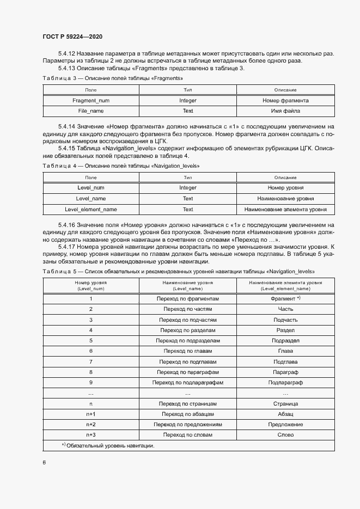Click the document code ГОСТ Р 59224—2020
[x=72, y=36]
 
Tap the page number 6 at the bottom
[x=44, y=462]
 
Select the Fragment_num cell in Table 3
[x=91, y=101]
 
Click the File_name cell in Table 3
[x=91, y=111]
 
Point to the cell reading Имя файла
[x=285, y=111]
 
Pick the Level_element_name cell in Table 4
[x=91, y=209]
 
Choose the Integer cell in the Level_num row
[x=188, y=188]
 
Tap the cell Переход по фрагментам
[x=188, y=299]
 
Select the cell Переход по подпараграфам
[x=188, y=383]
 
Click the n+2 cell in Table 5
[x=91, y=424]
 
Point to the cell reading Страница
[x=285, y=404]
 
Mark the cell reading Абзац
[x=285, y=414]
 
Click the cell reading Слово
[x=285, y=434]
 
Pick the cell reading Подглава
[x=285, y=361]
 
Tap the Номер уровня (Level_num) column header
[x=91, y=286]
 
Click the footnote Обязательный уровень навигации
[x=109, y=446]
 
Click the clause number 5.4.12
[x=66, y=53]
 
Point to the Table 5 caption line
[x=179, y=271]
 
